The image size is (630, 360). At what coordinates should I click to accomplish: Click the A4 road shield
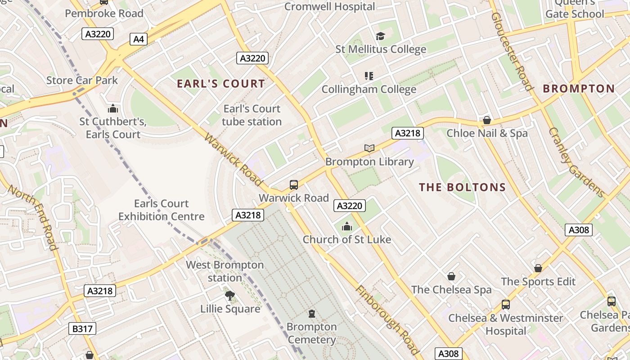click(139, 39)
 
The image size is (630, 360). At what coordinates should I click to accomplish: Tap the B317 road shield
click(82, 328)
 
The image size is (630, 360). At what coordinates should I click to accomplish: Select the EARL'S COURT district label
click(220, 84)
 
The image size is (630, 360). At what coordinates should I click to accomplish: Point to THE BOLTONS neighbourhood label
click(462, 187)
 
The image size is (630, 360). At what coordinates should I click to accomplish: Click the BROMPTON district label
click(578, 88)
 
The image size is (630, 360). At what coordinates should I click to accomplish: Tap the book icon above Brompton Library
click(369, 148)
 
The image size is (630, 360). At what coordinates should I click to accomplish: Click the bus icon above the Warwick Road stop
click(294, 184)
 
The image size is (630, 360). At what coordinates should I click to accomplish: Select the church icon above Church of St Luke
click(346, 226)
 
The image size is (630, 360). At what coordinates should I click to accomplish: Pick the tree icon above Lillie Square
click(230, 296)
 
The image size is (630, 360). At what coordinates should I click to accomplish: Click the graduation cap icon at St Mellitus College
click(381, 36)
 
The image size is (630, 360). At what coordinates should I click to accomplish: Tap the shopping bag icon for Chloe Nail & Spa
click(486, 120)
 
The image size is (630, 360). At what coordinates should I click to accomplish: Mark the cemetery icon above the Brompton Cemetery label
click(311, 313)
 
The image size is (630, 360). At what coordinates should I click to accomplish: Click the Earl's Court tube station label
click(252, 115)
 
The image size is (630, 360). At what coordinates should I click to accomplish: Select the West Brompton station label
click(225, 271)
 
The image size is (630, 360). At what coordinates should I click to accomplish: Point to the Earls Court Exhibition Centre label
click(161, 210)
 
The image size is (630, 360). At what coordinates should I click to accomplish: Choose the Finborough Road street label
click(387, 319)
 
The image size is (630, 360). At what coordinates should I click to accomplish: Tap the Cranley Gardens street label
click(576, 162)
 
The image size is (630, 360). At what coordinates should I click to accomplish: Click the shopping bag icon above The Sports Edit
click(538, 268)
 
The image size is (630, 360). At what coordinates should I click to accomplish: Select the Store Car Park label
click(82, 81)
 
